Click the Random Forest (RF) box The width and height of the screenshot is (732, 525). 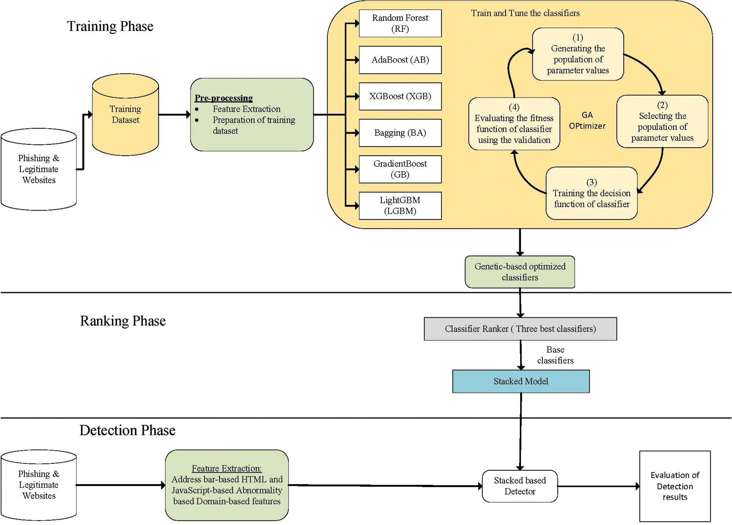click(x=400, y=23)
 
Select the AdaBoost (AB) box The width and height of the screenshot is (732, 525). click(x=400, y=60)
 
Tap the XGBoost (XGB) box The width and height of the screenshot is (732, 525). click(x=400, y=96)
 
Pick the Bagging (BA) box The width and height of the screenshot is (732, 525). click(x=400, y=133)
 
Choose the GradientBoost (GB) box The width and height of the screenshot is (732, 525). click(x=400, y=169)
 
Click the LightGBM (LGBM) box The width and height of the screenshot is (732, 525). click(x=400, y=205)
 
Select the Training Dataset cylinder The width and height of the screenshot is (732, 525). click(x=125, y=115)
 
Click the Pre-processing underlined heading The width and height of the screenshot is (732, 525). click(x=223, y=98)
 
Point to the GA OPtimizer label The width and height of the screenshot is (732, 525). click(x=587, y=120)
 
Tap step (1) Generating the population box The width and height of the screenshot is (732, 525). click(x=578, y=54)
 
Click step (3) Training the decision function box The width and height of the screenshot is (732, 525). click(x=592, y=193)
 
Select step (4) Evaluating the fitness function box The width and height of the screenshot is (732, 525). click(x=514, y=124)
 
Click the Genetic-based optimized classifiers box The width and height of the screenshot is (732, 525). click(x=520, y=272)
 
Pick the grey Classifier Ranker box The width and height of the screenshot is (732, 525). click(x=520, y=329)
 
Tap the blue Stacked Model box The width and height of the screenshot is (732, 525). click(x=521, y=381)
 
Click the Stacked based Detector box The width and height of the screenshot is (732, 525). click(x=520, y=486)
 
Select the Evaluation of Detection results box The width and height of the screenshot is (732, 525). click(x=675, y=486)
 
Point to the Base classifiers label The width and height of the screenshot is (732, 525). click(x=555, y=355)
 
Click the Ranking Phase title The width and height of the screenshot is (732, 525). click(x=123, y=321)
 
